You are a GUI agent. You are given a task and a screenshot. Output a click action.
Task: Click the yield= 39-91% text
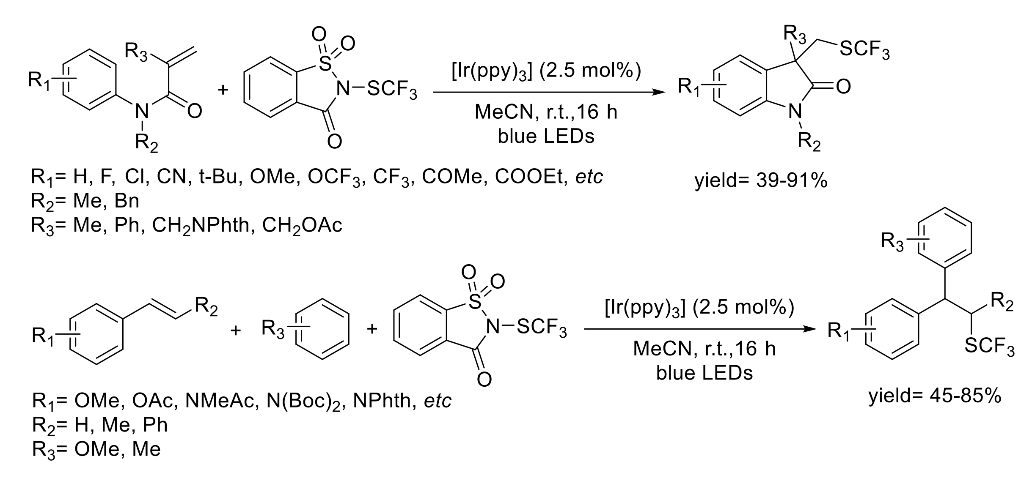[761, 181]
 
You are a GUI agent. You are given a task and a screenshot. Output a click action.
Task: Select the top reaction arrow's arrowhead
[658, 92]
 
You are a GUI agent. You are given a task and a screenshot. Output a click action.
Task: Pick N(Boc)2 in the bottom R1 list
[304, 401]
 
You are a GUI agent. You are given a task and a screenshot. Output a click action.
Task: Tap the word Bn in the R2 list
[127, 201]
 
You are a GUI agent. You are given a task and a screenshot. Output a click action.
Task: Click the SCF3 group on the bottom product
[989, 347]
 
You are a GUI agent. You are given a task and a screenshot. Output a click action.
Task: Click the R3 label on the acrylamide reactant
[136, 54]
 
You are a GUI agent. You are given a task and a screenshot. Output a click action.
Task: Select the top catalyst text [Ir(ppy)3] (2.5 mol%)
[546, 71]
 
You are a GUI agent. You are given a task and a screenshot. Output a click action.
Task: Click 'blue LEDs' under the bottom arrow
[705, 373]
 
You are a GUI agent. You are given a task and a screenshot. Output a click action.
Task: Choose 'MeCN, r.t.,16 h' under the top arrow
[546, 112]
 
